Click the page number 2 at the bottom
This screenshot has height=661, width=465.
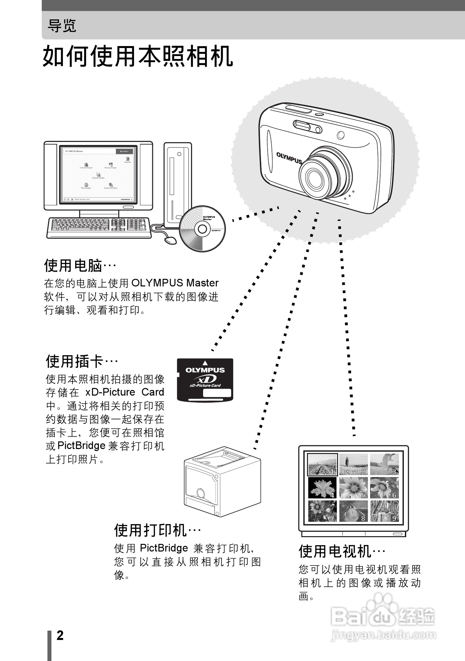[x=60, y=635]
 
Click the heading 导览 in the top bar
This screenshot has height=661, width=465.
[x=62, y=26]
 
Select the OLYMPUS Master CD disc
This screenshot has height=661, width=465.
[x=202, y=229]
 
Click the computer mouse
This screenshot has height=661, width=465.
[x=171, y=240]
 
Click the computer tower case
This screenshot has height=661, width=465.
[x=177, y=184]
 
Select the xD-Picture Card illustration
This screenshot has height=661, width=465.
[x=205, y=380]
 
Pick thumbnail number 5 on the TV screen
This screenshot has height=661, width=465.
[x=353, y=487]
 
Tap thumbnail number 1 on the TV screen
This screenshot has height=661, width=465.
[x=322, y=464]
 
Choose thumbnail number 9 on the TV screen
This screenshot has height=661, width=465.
[x=384, y=511]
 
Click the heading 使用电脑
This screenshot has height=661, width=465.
[x=73, y=265]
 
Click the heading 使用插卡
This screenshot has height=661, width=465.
[x=74, y=361]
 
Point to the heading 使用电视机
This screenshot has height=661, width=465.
[x=335, y=551]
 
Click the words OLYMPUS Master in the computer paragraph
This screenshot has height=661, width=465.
[x=175, y=283]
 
